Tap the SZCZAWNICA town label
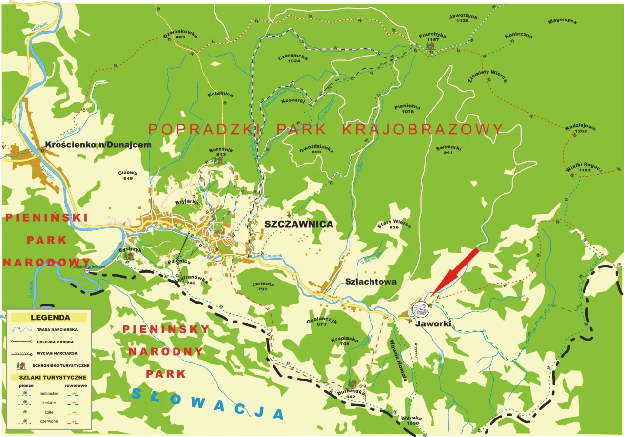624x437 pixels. tap(298, 224)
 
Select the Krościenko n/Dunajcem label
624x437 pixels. tap(98, 145)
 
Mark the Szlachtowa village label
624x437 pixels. tap(370, 282)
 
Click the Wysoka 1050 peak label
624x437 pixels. tap(411, 421)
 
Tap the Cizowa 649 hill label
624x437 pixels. tap(128, 175)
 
